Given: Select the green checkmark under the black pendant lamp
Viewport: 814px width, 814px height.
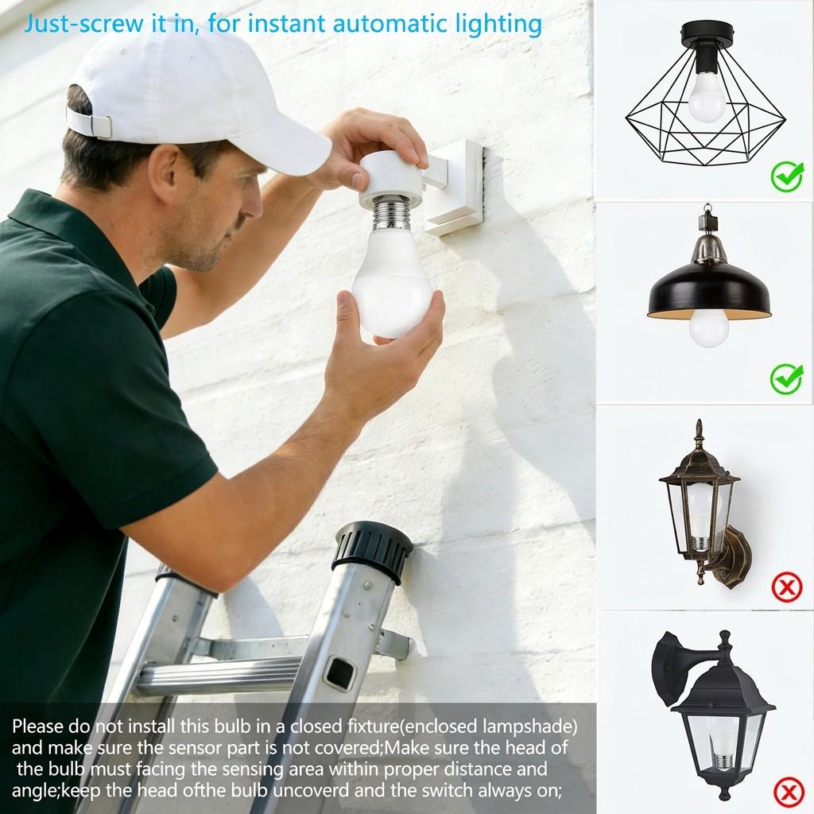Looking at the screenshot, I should (786, 378).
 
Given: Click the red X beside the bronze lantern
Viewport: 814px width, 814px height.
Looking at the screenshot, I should (787, 588).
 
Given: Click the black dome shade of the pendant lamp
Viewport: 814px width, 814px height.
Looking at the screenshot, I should (709, 290).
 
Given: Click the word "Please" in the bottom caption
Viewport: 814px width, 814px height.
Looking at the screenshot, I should (40, 727).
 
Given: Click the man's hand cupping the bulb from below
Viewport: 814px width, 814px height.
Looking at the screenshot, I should (390, 342).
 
